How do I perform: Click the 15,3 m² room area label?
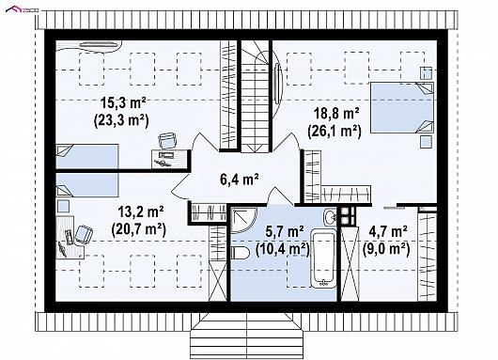pos(123,103)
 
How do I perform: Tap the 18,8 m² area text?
pos(336,114)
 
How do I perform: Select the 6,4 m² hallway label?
pos(239,179)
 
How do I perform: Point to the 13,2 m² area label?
pos(141,211)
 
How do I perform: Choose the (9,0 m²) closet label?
pos(386,248)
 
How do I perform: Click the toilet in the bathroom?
pos(241,253)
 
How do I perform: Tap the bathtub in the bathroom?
pos(323,258)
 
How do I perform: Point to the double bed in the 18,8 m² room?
pos(402,107)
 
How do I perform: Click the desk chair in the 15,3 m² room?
pos(167,140)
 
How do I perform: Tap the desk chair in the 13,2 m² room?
pos(84,234)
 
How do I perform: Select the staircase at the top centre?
pos(256,96)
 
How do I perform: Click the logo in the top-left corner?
pos(22,9)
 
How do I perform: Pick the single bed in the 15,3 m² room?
pos(87,156)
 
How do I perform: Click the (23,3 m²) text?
pos(121,120)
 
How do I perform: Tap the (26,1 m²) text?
pos(335,131)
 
